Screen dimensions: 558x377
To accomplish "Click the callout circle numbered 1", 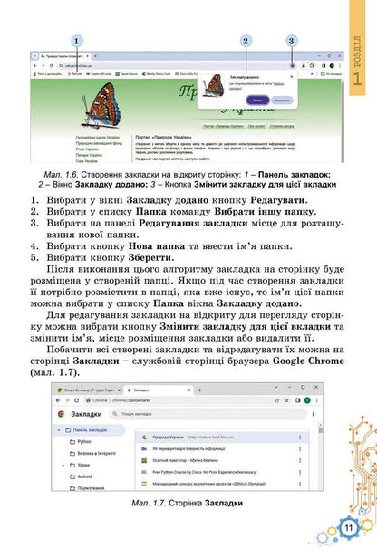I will pyautogui.click(x=78, y=41).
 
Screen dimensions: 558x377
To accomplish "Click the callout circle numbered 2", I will pyautogui.click(x=246, y=41).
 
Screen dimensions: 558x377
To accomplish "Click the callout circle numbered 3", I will pyautogui.click(x=291, y=41).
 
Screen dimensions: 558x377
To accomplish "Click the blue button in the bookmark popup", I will pyautogui.click(x=259, y=99).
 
